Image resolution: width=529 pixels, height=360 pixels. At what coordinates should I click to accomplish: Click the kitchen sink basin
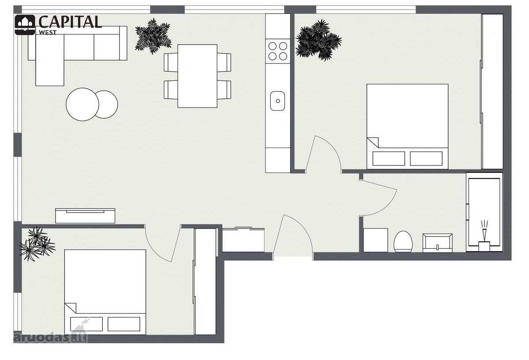(277, 101)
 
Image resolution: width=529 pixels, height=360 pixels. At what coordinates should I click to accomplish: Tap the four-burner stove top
(278, 51)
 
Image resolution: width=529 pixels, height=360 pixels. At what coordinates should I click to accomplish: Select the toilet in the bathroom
(403, 241)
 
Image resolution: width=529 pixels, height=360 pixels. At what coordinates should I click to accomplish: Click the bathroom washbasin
(437, 243)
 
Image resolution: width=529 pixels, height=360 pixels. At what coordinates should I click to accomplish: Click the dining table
(197, 76)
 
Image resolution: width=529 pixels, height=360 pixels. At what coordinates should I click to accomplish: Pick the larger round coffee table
(82, 105)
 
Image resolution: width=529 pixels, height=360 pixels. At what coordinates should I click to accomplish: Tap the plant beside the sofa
(153, 36)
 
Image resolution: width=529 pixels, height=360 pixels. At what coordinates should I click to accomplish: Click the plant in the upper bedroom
(318, 40)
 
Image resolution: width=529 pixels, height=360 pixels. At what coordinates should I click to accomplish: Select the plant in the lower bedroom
(37, 244)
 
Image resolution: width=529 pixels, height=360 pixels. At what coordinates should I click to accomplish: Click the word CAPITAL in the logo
(70, 22)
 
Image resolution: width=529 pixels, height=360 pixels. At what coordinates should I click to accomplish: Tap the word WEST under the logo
(48, 32)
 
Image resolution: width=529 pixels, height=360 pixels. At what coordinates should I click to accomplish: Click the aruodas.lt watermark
(51, 337)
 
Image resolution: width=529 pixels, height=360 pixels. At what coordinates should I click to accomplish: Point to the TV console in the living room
(85, 216)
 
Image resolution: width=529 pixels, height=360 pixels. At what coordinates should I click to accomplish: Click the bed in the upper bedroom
(407, 127)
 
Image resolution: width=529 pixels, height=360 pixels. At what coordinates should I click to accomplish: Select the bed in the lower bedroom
(105, 292)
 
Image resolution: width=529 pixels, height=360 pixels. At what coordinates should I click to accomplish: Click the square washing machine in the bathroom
(376, 240)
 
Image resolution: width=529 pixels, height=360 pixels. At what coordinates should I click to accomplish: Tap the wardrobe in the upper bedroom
(492, 91)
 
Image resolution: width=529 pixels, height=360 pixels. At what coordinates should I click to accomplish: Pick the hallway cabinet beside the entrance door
(243, 240)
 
